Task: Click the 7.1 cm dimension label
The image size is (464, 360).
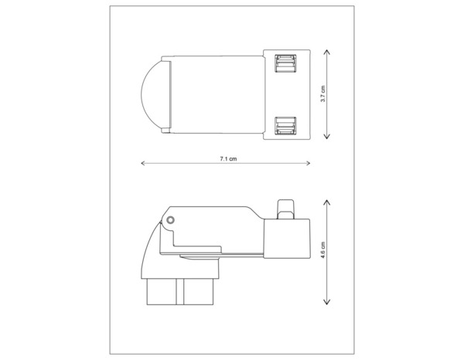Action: [227, 158]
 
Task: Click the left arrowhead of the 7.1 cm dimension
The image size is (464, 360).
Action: [143, 163]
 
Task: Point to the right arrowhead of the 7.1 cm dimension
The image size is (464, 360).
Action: [311, 163]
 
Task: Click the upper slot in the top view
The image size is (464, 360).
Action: [285, 65]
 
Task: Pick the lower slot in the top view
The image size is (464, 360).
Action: [285, 124]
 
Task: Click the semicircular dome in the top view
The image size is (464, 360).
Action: [153, 94]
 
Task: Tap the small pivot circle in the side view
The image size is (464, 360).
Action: [171, 219]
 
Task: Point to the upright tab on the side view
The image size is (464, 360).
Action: [285, 206]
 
